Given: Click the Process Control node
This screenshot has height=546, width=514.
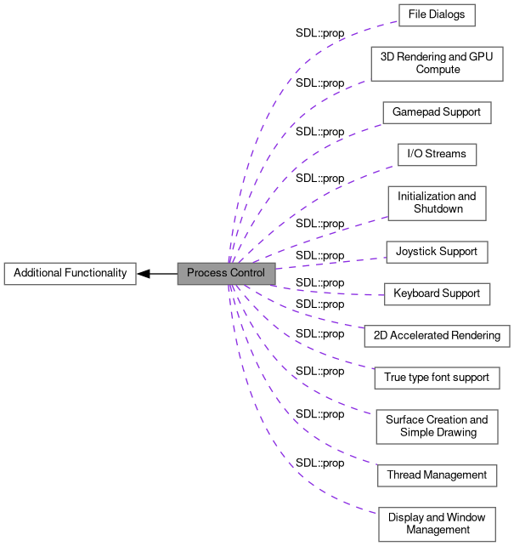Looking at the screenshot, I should pyautogui.click(x=226, y=273).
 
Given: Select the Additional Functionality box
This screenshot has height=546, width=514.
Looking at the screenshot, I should pyautogui.click(x=70, y=273).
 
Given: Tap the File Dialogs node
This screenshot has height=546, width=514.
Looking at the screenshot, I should pyautogui.click(x=436, y=15).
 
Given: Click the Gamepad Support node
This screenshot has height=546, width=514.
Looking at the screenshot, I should pyautogui.click(x=436, y=112).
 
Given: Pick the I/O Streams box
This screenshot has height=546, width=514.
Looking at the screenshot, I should pyautogui.click(x=437, y=155).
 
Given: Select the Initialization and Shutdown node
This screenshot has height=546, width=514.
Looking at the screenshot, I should pyautogui.click(x=437, y=202).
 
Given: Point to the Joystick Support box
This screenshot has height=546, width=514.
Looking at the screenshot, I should pyautogui.click(x=436, y=251).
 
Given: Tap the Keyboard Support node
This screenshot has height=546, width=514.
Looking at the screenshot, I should pyautogui.click(x=437, y=293).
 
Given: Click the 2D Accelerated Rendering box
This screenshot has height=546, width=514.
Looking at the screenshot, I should pyautogui.click(x=437, y=335).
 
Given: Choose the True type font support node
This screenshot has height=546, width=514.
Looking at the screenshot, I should pyautogui.click(x=436, y=377).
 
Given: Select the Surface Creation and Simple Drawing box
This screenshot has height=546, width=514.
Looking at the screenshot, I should pyautogui.click(x=437, y=426).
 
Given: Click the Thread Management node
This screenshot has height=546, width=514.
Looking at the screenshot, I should pyautogui.click(x=437, y=475).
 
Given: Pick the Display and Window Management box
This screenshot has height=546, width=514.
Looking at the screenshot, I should pyautogui.click(x=437, y=524).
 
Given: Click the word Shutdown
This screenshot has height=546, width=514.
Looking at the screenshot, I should pyautogui.click(x=438, y=208).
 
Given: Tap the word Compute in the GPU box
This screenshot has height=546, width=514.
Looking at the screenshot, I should pyautogui.click(x=438, y=70).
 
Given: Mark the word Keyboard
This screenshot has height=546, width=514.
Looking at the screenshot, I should pyautogui.click(x=415, y=293).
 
